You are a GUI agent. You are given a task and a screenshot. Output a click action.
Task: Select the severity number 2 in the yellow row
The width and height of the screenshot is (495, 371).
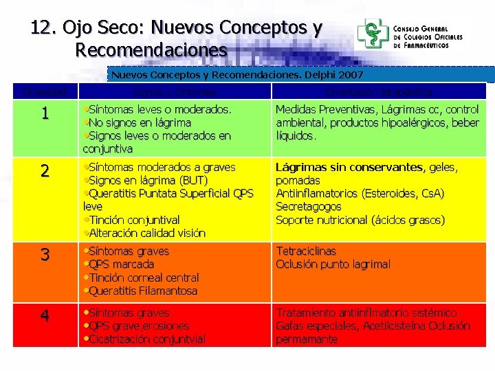[45, 171]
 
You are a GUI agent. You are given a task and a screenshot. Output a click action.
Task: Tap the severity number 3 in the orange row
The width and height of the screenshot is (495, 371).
[45, 255]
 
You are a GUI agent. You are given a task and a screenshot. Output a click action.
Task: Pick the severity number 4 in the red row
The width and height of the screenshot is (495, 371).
[45, 316]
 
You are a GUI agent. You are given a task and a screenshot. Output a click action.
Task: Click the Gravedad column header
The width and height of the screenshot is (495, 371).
[45, 91]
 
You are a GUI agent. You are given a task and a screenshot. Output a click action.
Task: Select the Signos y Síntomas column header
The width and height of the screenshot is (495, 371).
[175, 91]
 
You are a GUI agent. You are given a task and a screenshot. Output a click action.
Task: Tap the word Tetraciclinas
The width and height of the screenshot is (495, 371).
[307, 251]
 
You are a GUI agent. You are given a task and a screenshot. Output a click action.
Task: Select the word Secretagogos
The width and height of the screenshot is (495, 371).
[309, 206]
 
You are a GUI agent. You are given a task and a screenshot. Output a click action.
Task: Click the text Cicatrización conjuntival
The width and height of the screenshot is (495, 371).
[146, 339]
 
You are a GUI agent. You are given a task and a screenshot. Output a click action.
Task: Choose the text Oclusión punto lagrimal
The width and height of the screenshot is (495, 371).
[333, 265]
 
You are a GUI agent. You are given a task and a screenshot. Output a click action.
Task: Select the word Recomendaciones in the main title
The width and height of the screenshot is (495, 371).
[151, 50]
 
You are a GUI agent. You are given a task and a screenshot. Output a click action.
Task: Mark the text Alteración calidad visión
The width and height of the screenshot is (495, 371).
[146, 233]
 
